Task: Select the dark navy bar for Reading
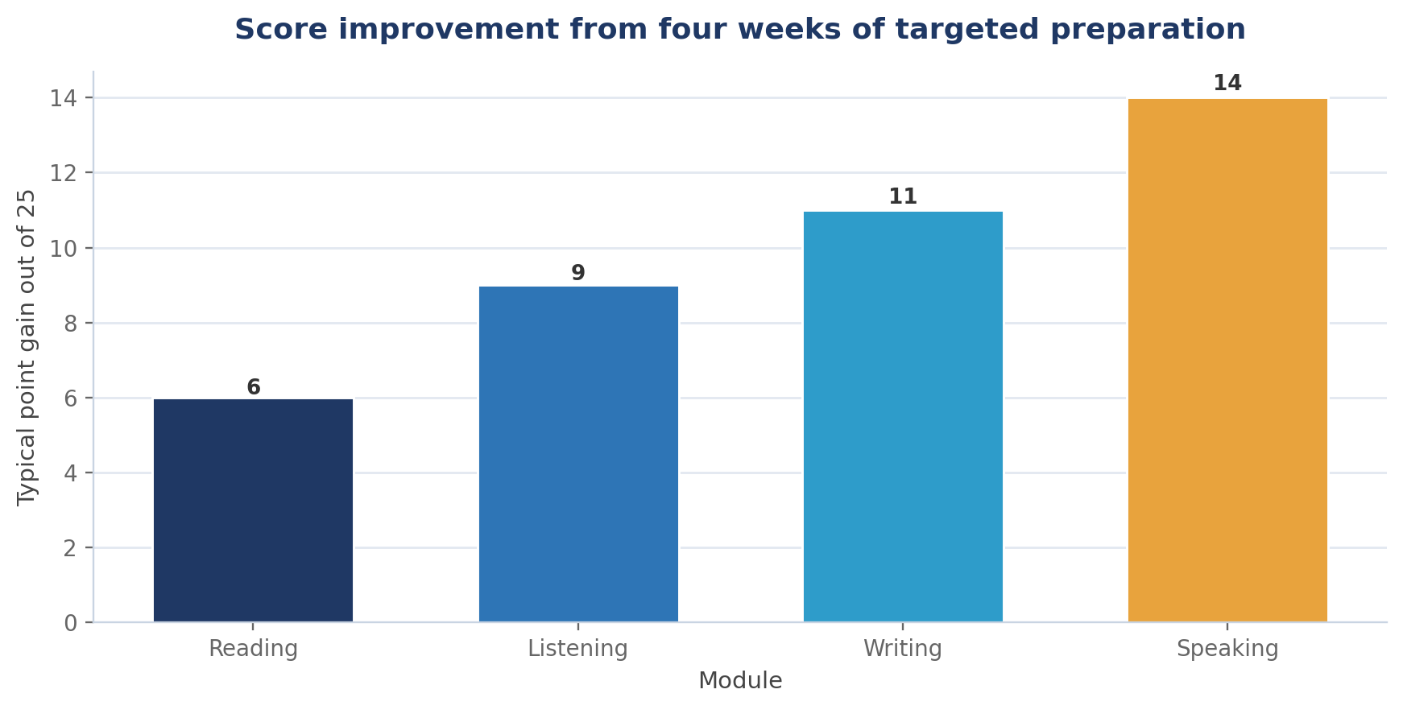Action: (253, 510)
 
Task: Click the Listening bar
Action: (578, 454)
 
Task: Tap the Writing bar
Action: (903, 417)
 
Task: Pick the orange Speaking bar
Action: (1227, 361)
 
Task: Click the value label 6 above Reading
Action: (254, 387)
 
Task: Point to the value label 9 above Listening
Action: (578, 273)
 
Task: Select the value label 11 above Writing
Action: (903, 196)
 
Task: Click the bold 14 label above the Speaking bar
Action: (1227, 83)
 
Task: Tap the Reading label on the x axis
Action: (254, 649)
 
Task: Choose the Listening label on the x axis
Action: (578, 649)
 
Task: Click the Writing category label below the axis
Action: (903, 649)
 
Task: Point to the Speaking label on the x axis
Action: (1227, 649)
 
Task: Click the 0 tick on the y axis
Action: (71, 623)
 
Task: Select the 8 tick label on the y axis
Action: (71, 324)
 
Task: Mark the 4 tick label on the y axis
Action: (71, 473)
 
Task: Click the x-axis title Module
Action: (740, 681)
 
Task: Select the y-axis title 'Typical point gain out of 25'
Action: (27, 347)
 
